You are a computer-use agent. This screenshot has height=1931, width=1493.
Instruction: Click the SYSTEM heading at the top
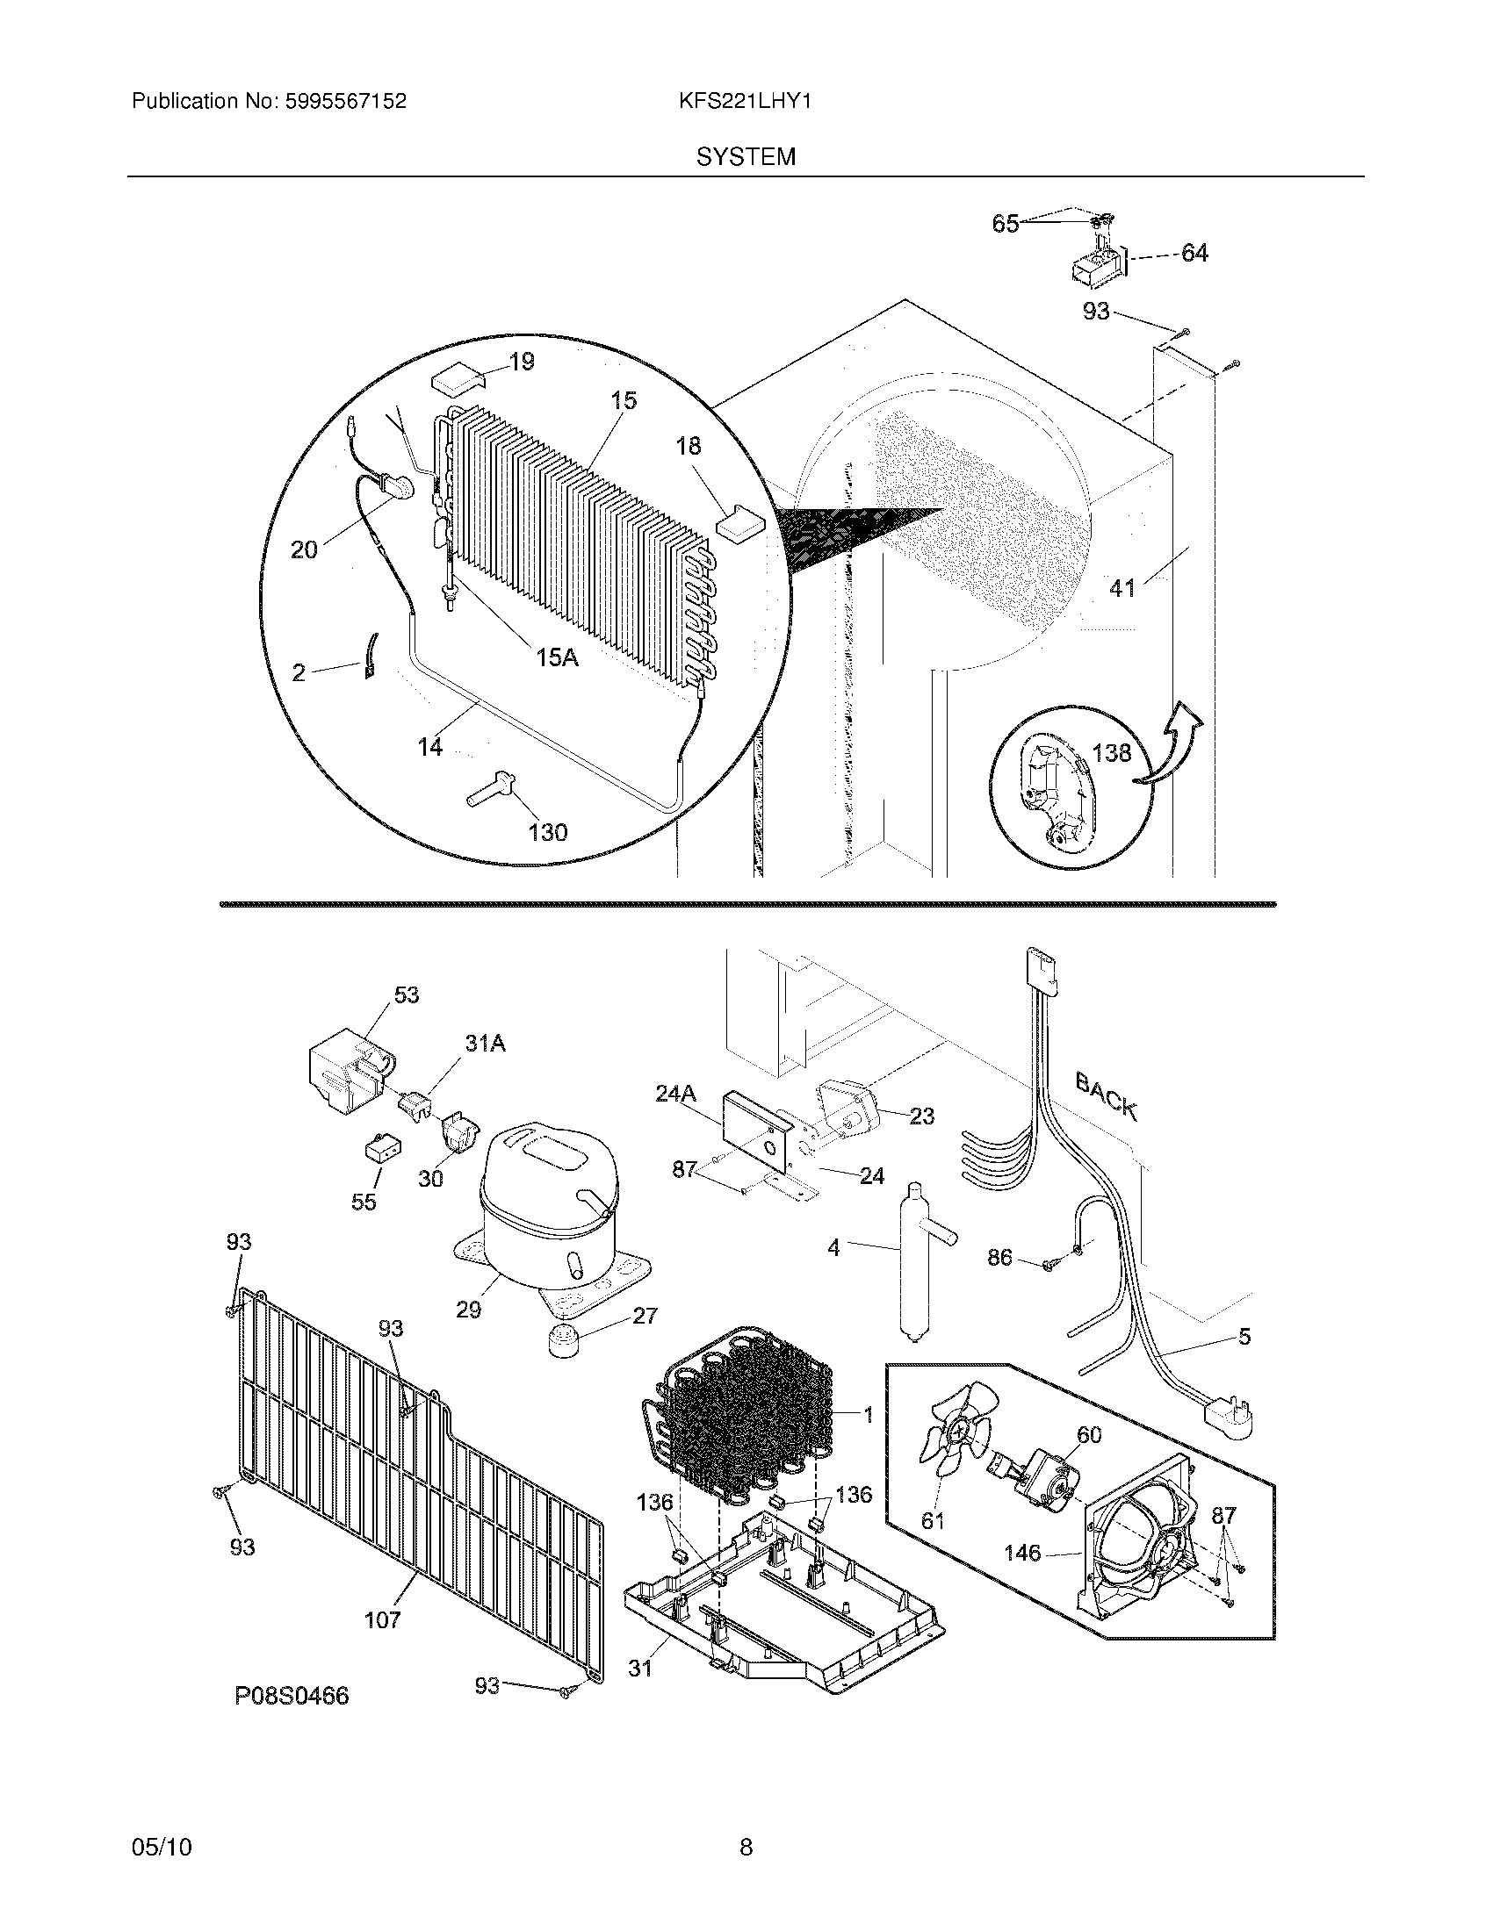click(746, 157)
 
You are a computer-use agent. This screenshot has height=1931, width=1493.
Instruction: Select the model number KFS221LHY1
click(745, 102)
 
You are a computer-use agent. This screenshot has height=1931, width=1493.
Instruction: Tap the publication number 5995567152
click(345, 102)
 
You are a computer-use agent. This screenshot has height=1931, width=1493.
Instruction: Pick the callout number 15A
click(556, 657)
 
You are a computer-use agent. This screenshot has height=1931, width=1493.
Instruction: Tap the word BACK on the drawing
click(1106, 1095)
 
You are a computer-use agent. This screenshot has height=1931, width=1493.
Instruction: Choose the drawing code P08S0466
click(292, 1696)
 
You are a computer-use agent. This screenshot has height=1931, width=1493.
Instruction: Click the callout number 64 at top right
click(1194, 253)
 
